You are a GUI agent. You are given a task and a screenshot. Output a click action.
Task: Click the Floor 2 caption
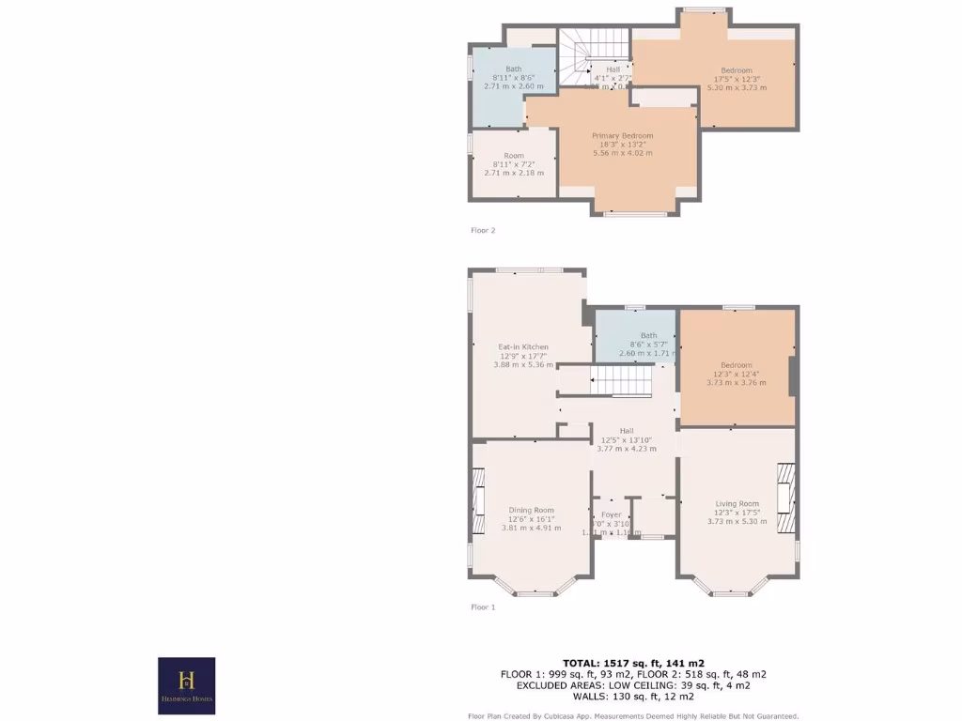[x=483, y=230]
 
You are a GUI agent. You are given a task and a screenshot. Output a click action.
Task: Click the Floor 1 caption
[x=483, y=607]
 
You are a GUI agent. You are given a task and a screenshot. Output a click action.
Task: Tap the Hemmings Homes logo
[x=186, y=685]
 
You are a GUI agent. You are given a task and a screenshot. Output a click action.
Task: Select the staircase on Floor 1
[x=619, y=381]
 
